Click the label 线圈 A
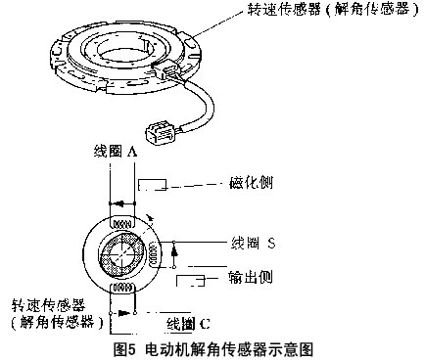click(115, 152)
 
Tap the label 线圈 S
click(253, 244)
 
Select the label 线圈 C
click(188, 324)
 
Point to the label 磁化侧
click(251, 183)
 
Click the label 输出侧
click(251, 278)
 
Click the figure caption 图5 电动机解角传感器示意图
click(213, 349)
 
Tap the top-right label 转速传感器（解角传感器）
click(333, 10)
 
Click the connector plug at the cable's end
click(160, 131)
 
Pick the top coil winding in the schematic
click(122, 224)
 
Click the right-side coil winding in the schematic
click(155, 255)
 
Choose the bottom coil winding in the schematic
click(122, 288)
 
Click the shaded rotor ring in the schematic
click(122, 254)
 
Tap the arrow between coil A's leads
click(121, 203)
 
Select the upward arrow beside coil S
click(174, 254)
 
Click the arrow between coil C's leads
click(122, 313)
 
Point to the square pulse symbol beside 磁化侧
click(153, 185)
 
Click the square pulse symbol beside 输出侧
click(191, 281)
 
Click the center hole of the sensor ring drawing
click(123, 56)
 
